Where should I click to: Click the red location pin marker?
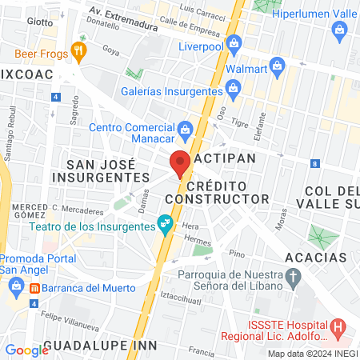pos(180,162)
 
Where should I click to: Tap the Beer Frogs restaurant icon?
pos(78,52)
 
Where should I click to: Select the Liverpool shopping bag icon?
pos(234,42)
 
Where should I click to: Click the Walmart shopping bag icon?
pos(277,65)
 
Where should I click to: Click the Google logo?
pos(26,350)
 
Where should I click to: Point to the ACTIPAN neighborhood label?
pos(225,158)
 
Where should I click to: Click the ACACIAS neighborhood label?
pos(315,257)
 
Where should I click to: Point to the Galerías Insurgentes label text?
pos(172,93)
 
